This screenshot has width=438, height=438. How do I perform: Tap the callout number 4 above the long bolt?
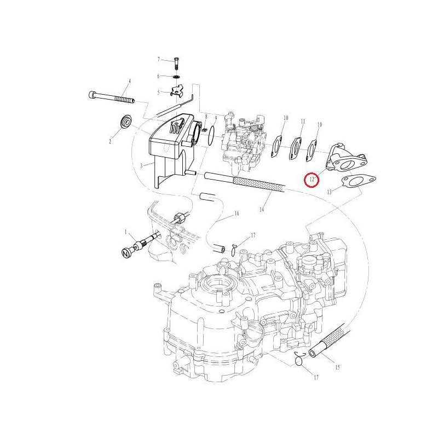(130, 81)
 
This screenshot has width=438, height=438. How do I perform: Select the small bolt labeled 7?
(176, 64)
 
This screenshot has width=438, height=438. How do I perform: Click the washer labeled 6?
(176, 76)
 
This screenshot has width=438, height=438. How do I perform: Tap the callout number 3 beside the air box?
(141, 166)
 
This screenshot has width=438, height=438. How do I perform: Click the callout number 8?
(206, 116)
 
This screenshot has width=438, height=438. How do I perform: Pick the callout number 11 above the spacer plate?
(303, 122)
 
